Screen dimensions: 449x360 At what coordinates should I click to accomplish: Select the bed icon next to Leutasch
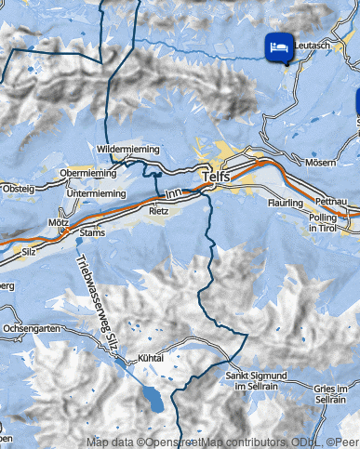tap(277, 46)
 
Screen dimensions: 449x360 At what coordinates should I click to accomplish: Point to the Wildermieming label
tap(128, 149)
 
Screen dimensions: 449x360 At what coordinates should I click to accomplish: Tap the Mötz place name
tap(59, 224)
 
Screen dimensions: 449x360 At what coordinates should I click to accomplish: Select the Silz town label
tap(29, 251)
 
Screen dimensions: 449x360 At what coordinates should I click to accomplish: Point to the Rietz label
tap(159, 211)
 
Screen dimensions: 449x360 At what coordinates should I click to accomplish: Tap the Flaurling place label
tap(286, 202)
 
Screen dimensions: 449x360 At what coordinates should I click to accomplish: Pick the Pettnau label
tap(331, 201)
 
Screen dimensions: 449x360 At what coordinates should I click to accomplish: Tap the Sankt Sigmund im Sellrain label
tap(256, 380)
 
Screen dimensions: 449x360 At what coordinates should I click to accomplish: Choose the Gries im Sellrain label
tap(338, 392)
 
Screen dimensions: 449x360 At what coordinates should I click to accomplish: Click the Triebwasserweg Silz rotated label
tap(102, 298)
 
